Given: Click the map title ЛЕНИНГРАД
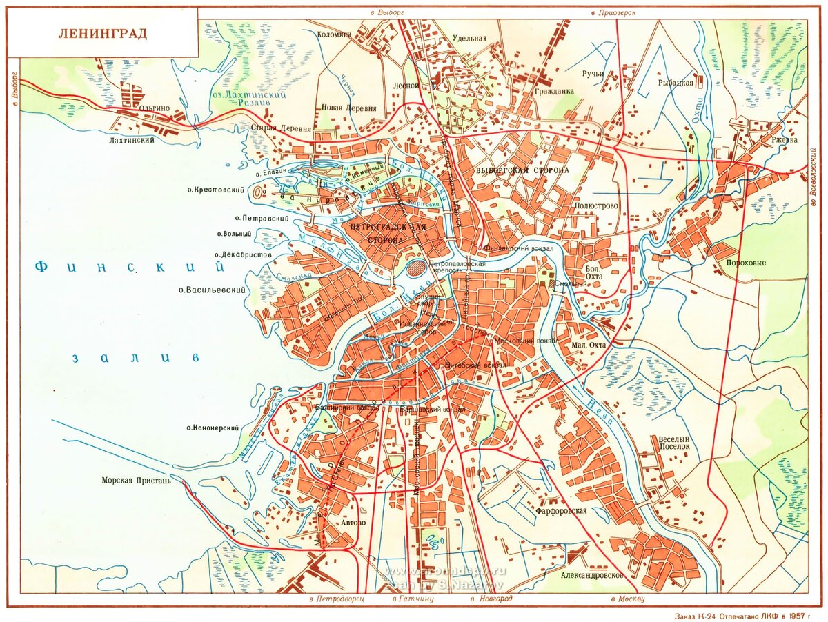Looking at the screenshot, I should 102,34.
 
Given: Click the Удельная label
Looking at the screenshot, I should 470,39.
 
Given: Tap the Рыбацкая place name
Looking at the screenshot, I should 676,83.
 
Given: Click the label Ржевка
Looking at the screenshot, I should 784,140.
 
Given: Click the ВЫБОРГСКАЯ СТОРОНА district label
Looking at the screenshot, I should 522,170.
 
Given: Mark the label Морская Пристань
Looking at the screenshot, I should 136,481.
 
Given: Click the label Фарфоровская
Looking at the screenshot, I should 561,511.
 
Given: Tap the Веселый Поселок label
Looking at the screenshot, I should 674,443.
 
